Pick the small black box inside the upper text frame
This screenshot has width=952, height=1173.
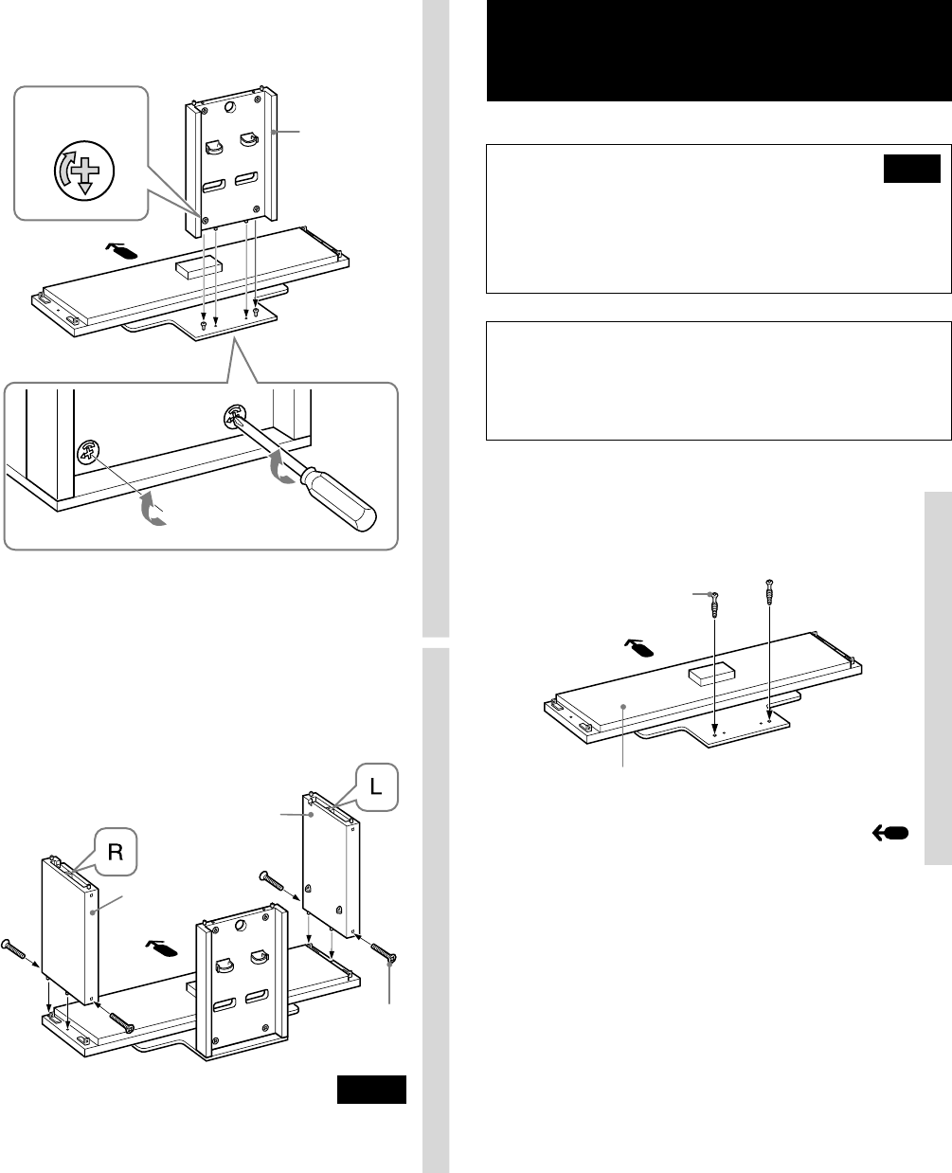click(911, 169)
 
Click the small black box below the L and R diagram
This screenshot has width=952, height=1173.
click(371, 1090)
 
